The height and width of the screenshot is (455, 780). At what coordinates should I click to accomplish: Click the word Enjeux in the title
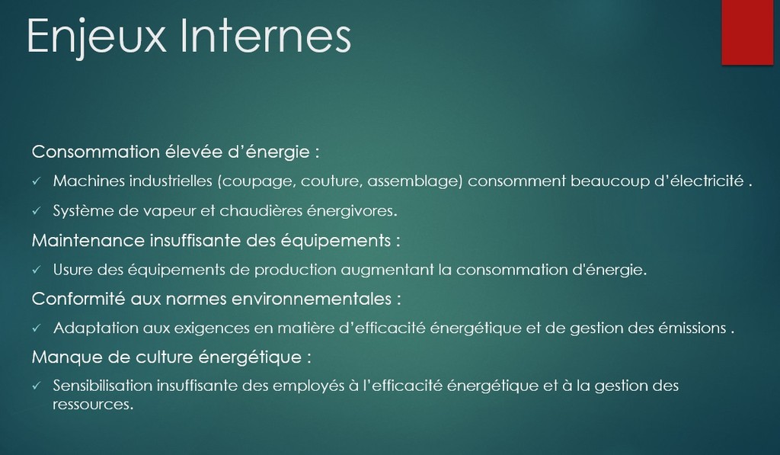pyautogui.click(x=97, y=36)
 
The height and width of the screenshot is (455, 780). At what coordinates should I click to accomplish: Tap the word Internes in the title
pyautogui.click(x=266, y=35)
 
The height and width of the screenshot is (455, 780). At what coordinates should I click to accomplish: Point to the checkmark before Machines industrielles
pyautogui.click(x=37, y=181)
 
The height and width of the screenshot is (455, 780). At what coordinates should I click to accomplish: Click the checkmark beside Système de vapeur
pyautogui.click(x=37, y=211)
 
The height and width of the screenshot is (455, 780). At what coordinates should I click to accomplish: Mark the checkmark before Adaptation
pyautogui.click(x=37, y=328)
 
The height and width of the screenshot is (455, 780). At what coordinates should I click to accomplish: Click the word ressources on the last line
pyautogui.click(x=93, y=404)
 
